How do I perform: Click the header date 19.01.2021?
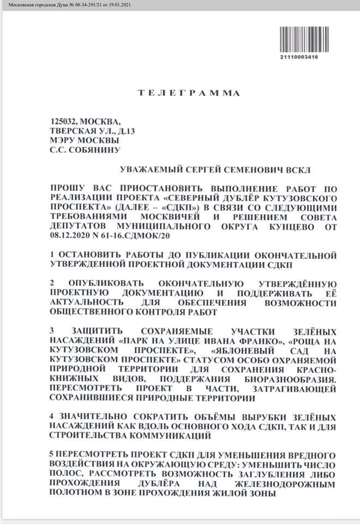tap(131, 4)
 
